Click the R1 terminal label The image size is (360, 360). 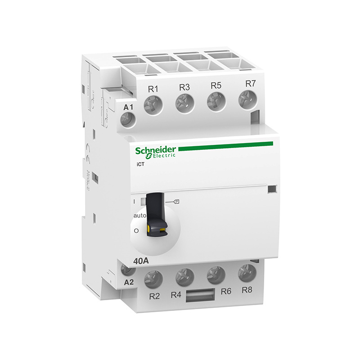[x=153, y=89]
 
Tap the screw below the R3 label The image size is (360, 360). [x=184, y=103]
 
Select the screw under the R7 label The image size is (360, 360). [x=246, y=98]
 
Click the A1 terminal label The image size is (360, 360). [x=129, y=107]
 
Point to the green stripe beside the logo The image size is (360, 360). [x=225, y=146]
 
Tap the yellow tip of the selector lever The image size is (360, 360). [x=157, y=231]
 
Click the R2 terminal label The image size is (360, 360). [x=154, y=295]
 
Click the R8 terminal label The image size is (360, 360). [x=247, y=288]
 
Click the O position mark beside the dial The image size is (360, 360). [x=136, y=231]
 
